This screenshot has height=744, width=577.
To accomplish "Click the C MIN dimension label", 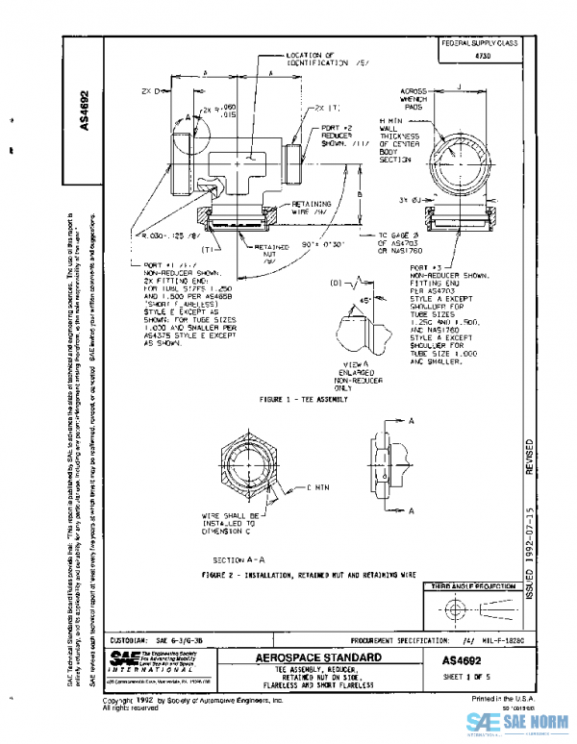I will pyautogui.click(x=317, y=488).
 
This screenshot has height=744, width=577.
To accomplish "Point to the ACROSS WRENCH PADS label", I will pyautogui.click(x=419, y=100).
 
